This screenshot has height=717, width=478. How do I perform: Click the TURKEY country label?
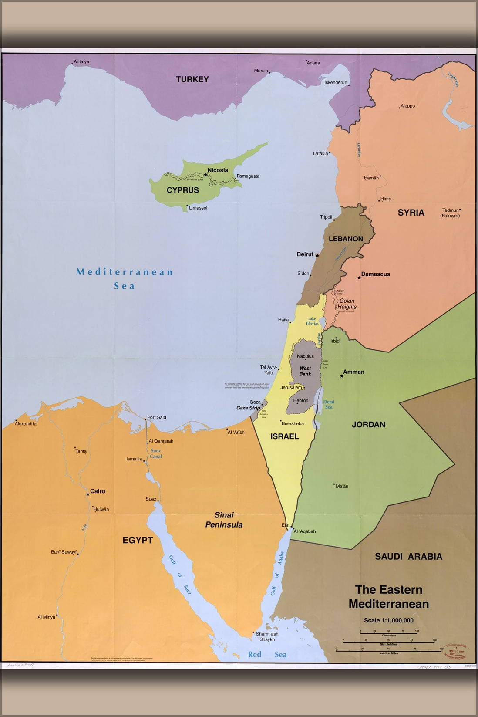coord(192,79)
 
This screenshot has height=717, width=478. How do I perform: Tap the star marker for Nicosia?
coord(206,175)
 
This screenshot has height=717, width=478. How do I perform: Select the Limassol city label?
coord(198,208)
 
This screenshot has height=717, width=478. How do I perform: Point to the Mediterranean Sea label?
coord(125,279)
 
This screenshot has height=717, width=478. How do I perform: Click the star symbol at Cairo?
coord(88,494)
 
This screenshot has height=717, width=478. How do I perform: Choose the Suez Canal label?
coord(156,453)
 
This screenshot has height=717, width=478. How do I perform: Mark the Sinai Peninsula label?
coord(224,520)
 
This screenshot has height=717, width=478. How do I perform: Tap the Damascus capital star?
coord(359,277)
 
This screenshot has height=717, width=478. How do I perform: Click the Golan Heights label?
coord(347,304)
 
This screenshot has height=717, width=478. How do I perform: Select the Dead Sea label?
coord(329,404)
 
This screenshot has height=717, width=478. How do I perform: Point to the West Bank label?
coord(305,371)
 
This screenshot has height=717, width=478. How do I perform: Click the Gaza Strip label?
coord(248,408)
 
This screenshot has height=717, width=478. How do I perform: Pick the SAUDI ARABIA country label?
coord(408,556)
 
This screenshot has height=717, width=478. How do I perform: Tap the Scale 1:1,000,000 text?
coord(389,620)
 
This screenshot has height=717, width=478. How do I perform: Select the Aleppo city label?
coord(408,106)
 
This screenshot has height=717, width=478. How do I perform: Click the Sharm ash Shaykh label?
coord(267,636)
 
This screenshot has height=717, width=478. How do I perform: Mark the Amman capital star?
coord(342,376)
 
